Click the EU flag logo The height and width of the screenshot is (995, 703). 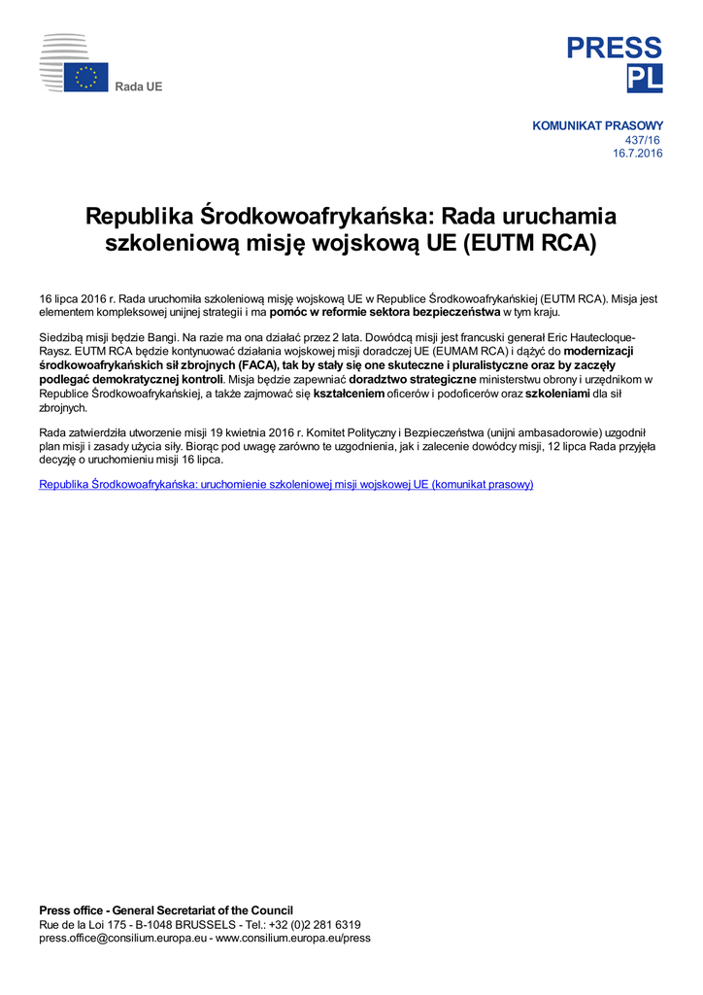86,78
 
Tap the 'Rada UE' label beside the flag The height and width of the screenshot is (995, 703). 139,86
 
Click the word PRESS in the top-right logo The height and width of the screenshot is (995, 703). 615,48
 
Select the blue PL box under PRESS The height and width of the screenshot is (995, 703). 645,79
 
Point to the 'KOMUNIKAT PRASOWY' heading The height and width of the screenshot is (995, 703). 597,126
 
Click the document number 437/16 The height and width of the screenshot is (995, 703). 643,140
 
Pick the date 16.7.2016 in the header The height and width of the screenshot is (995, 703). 638,154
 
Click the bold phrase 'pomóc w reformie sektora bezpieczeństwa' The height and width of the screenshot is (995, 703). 385,313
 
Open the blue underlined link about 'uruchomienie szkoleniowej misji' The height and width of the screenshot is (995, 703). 286,484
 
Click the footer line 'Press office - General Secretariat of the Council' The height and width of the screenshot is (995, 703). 166,910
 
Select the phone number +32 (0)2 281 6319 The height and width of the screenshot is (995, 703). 319,925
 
